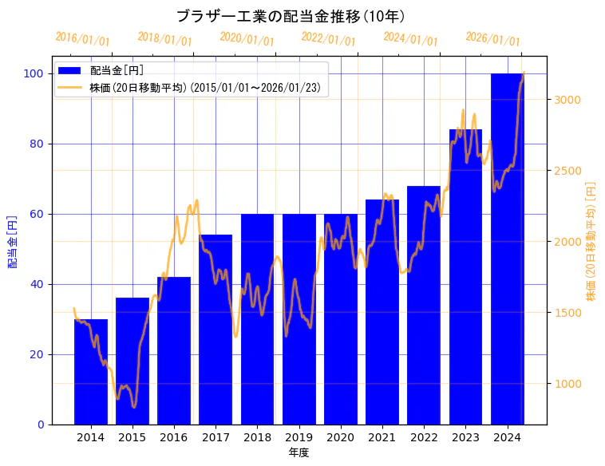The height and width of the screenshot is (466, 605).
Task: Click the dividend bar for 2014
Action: pyautogui.click(x=90, y=372)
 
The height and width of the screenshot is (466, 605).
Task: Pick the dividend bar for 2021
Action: pyautogui.click(x=382, y=312)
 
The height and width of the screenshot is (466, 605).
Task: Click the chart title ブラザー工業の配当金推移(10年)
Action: pyautogui.click(x=291, y=16)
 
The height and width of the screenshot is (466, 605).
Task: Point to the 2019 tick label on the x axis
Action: pyautogui.click(x=299, y=437)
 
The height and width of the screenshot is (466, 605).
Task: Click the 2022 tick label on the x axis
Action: pyautogui.click(x=424, y=437)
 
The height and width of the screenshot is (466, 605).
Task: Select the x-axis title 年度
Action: pyautogui.click(x=299, y=452)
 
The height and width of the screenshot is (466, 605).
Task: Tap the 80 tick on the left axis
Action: pyautogui.click(x=38, y=144)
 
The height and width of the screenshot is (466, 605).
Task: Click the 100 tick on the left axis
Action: pyautogui.click(x=34, y=73)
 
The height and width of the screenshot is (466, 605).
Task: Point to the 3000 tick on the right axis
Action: pyautogui.click(x=567, y=100)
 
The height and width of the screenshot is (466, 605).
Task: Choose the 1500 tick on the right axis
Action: pyautogui.click(x=567, y=312)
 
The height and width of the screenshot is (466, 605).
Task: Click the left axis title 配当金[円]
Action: pyautogui.click(x=13, y=241)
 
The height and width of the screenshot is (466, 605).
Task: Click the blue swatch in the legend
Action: pyautogui.click(x=69, y=71)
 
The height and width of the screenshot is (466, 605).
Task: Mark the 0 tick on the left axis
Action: pyautogui.click(x=41, y=425)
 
